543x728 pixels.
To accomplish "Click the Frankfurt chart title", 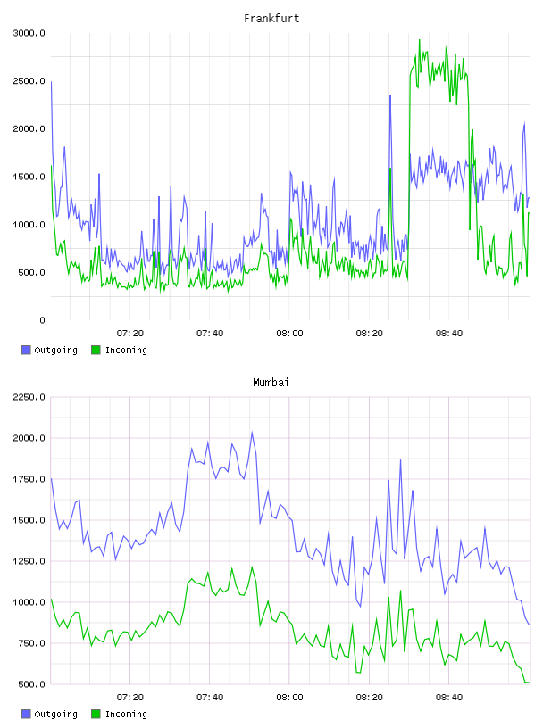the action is pos(271,19).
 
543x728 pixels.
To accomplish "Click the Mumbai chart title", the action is pos(271,383).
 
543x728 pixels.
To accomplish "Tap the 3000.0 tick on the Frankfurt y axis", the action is pos(29,33).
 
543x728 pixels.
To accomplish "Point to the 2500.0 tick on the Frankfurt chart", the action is pos(29,81).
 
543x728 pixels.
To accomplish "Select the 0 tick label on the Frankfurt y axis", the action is pos(42,320).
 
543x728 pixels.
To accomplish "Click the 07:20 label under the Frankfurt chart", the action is pos(130,334).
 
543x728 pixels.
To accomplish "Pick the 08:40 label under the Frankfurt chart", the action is pos(449,334).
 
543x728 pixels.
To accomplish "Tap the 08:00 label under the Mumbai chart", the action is pos(289,698).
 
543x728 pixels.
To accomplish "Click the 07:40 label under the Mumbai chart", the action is pos(210,698).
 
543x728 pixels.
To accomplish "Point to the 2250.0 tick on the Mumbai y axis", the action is pos(29,397).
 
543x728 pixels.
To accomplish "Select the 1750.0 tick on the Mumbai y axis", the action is pos(29,479).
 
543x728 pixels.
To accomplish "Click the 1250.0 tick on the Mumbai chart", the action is pos(29,561).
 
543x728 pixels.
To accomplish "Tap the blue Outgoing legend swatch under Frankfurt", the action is pos(26,350).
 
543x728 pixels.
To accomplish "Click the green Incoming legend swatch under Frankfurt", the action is pos(96,350).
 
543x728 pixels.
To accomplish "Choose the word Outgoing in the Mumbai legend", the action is pos(55,714).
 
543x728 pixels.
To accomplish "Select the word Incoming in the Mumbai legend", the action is pos(126,714).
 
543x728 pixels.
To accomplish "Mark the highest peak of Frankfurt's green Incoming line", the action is pos(420,40).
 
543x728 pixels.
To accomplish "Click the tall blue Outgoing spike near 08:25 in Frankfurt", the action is pos(390,95).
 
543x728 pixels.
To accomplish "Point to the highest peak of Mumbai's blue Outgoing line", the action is pos(252,432).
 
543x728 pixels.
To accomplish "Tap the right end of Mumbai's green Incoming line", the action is pos(529,682).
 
